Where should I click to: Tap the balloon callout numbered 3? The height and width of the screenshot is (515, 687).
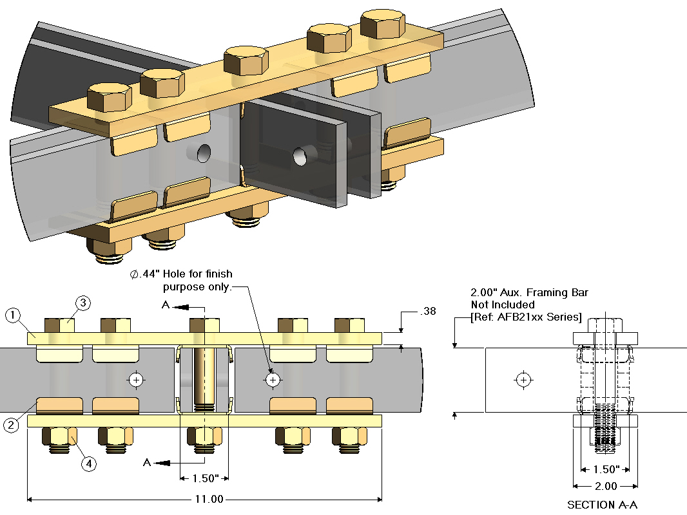[83, 303]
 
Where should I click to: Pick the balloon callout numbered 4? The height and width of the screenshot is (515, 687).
[89, 463]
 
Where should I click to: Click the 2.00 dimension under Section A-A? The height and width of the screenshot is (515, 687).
[606, 486]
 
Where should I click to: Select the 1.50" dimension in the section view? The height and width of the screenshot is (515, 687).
[605, 469]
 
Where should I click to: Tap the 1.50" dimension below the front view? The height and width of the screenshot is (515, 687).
[204, 478]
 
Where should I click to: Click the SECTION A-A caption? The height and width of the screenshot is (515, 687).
[601, 505]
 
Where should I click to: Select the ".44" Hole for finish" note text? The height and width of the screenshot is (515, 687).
[182, 274]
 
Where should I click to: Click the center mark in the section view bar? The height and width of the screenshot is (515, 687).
[524, 380]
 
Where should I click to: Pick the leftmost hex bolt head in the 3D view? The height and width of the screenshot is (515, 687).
[109, 96]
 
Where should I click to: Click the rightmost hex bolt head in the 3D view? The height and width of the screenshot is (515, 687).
[383, 24]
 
